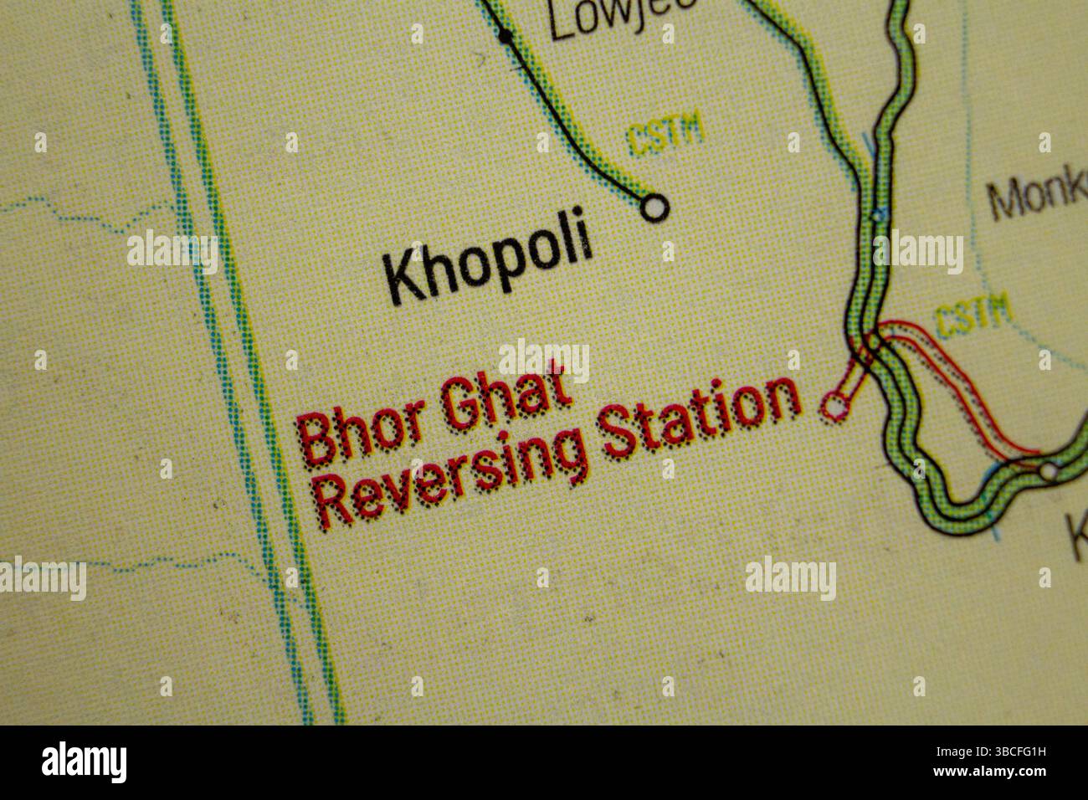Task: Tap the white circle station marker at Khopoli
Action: click(x=654, y=206)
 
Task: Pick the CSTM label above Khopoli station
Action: click(x=665, y=136)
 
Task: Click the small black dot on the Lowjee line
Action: click(x=505, y=35)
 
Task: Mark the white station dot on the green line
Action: click(x=1049, y=471)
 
